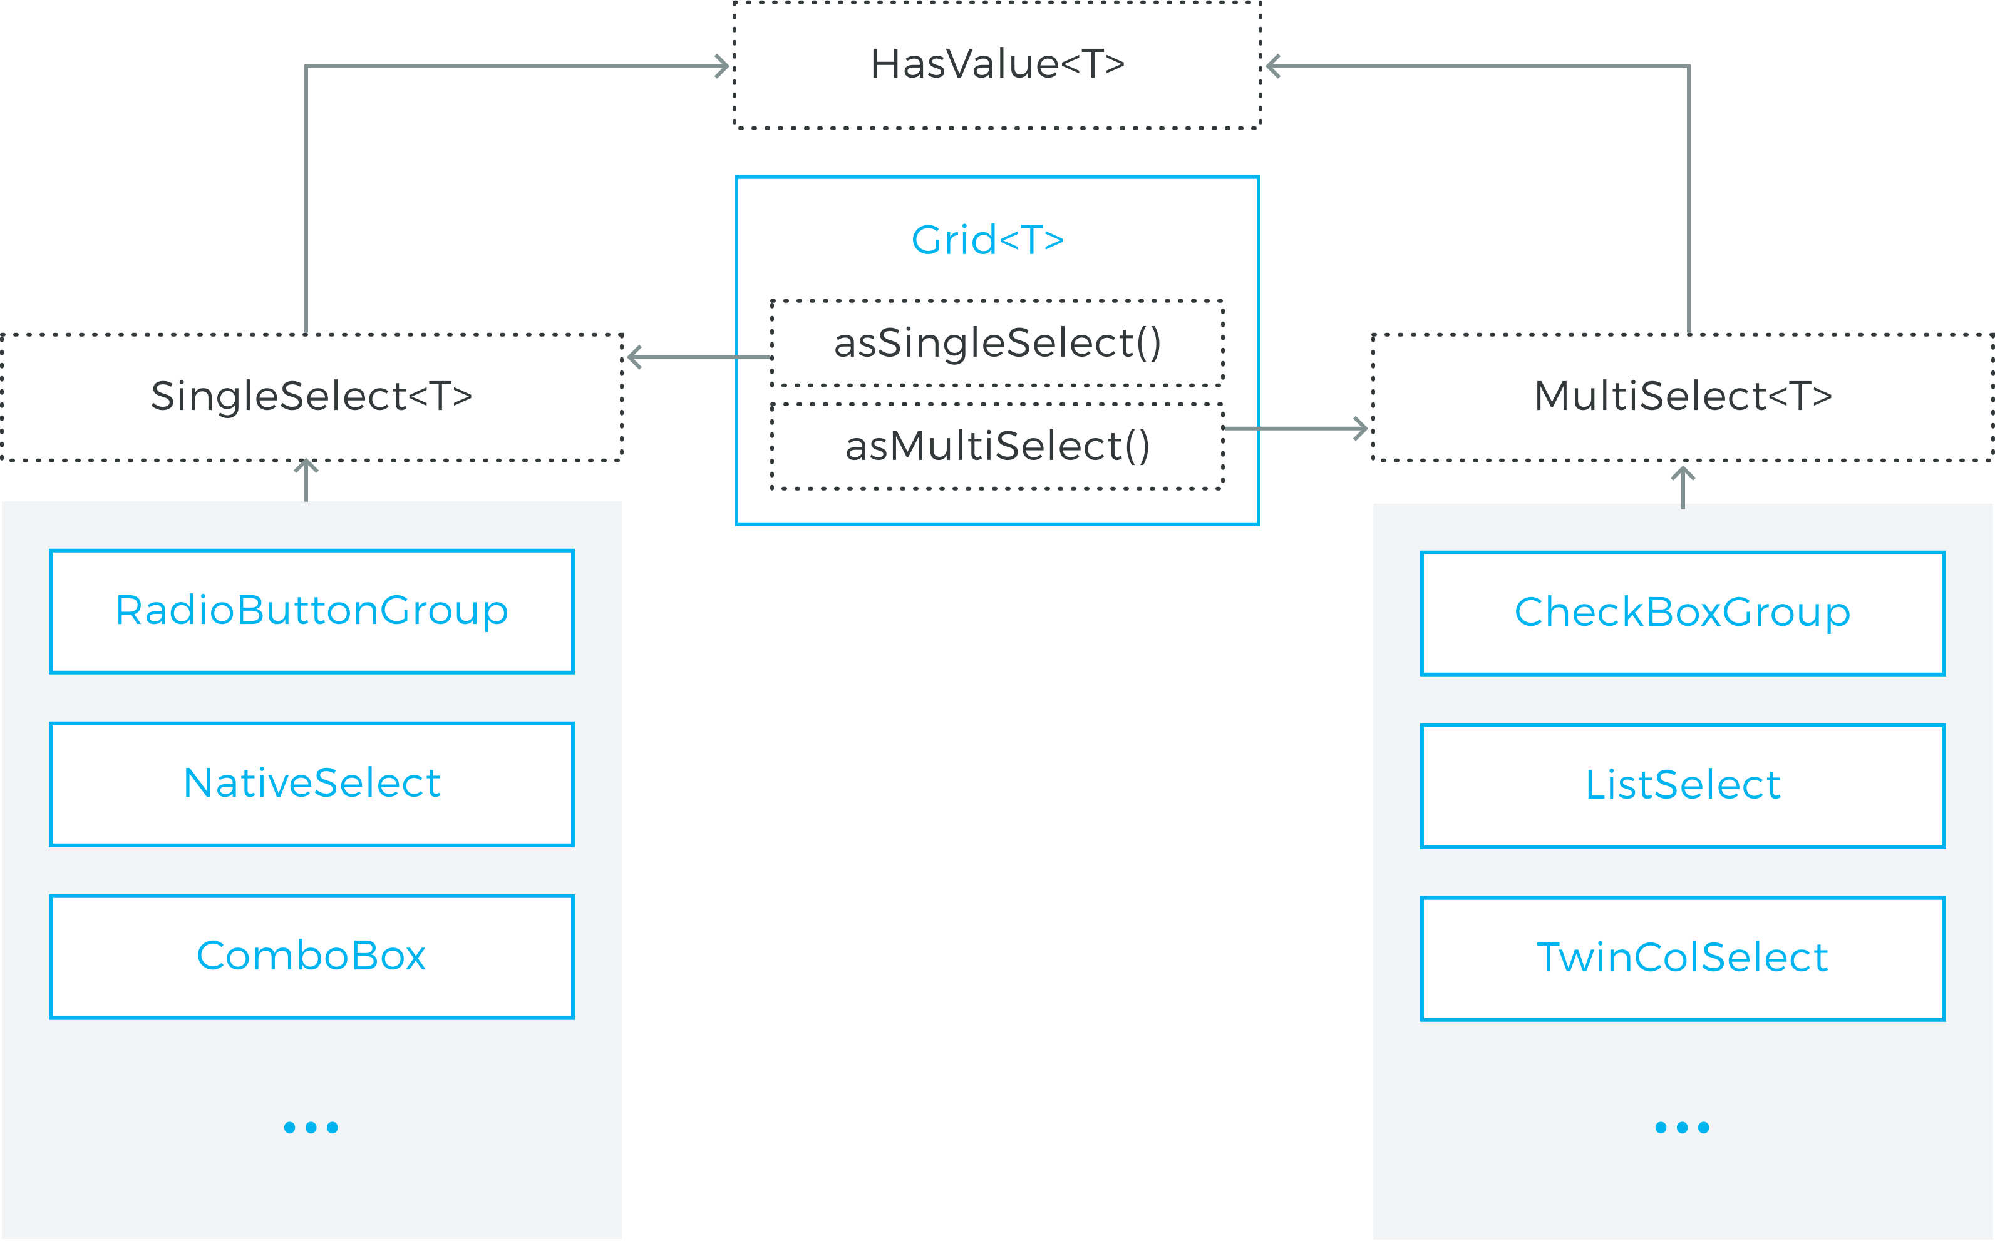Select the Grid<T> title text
tap(987, 240)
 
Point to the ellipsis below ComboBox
tap(311, 1128)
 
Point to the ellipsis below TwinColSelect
tap(1682, 1128)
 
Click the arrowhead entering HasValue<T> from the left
tap(723, 66)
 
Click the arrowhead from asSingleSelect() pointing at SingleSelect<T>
tap(634, 357)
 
